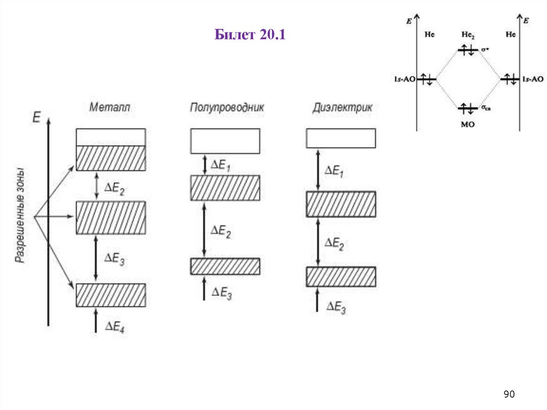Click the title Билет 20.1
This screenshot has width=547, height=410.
[251, 36]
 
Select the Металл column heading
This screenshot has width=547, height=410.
[110, 107]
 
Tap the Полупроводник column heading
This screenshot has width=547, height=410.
[227, 107]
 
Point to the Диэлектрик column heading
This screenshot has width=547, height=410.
[342, 107]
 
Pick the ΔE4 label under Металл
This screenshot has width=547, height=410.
[115, 327]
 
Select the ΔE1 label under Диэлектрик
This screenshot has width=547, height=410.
[335, 171]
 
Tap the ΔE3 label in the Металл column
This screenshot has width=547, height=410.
[114, 260]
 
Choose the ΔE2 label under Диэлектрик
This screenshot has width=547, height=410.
[335, 243]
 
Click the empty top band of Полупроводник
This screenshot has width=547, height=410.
[225, 141]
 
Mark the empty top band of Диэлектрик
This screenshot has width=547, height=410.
[341, 138]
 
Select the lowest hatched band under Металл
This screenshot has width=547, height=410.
[111, 295]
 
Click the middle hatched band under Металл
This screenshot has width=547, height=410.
[111, 218]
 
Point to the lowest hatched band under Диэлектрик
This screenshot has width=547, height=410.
[341, 277]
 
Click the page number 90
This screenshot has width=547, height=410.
[509, 394]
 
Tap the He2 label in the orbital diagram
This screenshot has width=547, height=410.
[467, 35]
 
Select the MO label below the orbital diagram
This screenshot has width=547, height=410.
[467, 124]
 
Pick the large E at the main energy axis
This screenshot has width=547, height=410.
[36, 117]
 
